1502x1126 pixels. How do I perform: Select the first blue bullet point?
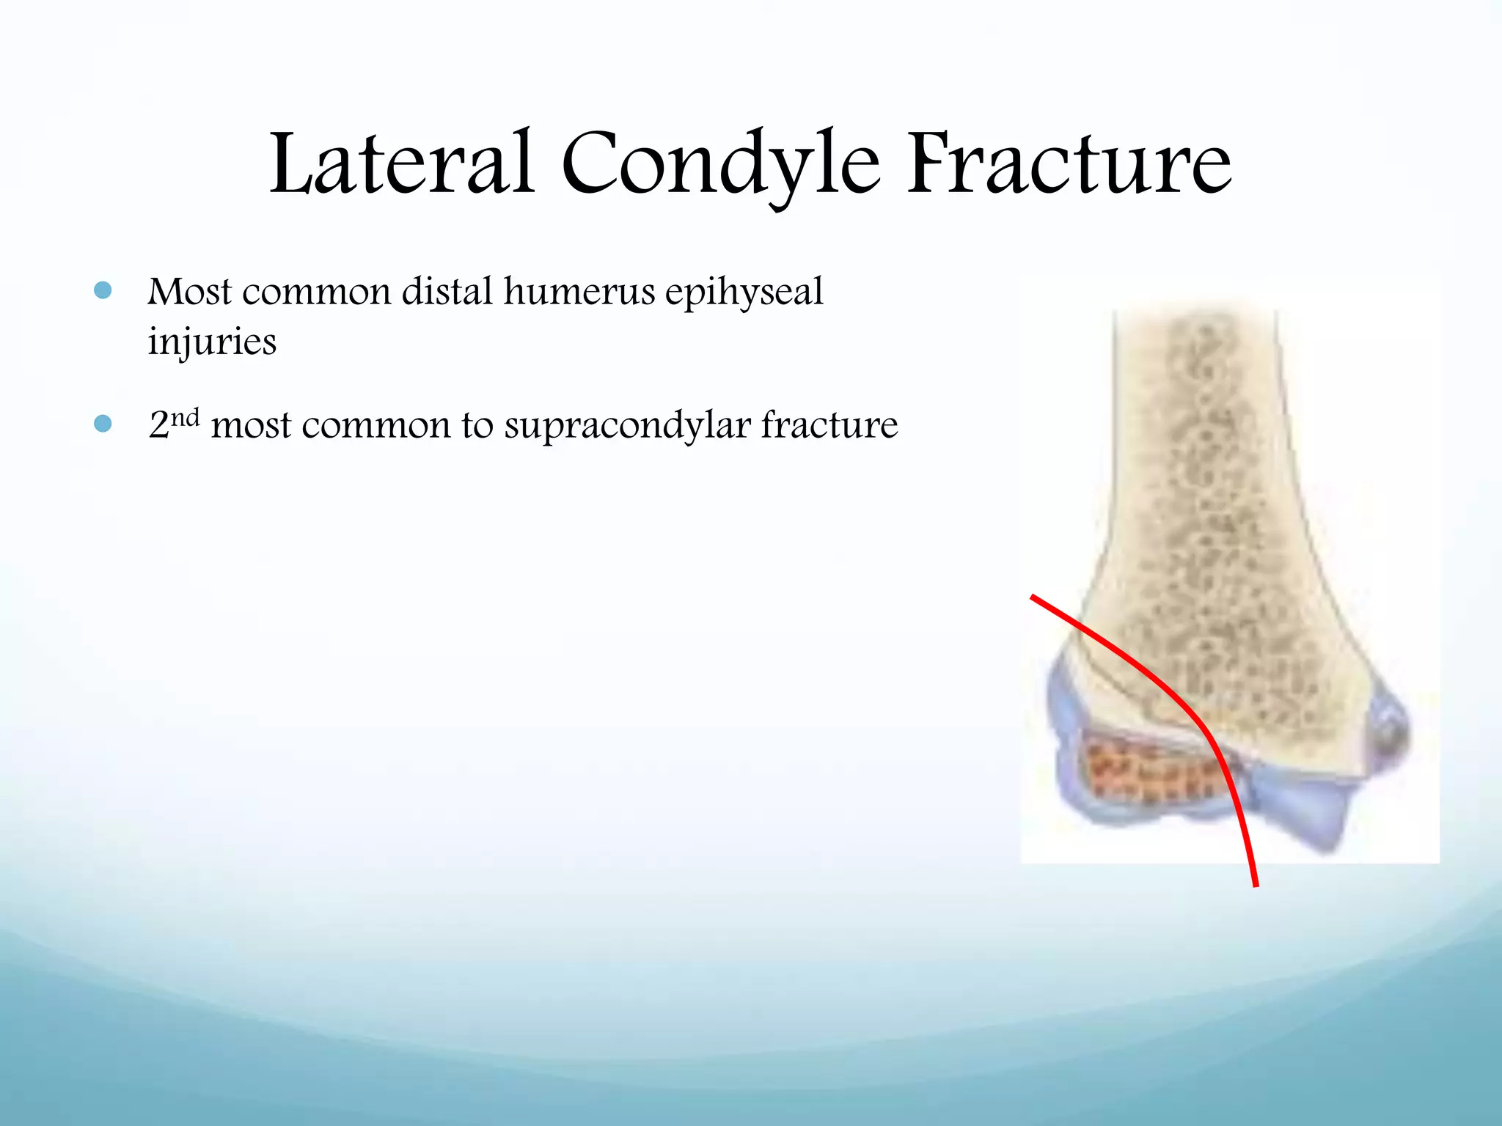pos(103,291)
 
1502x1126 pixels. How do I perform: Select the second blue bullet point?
pos(103,424)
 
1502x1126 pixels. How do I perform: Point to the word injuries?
pos(212,342)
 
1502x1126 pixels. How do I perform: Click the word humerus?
pos(579,292)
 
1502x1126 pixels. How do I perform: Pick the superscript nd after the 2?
pos(185,417)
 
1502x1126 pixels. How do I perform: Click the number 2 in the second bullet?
pos(158,426)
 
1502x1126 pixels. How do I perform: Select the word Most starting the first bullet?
pos(189,292)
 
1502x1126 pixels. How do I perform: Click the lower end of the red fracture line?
pos(1256,883)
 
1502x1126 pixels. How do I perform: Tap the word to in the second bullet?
pos(477,426)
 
